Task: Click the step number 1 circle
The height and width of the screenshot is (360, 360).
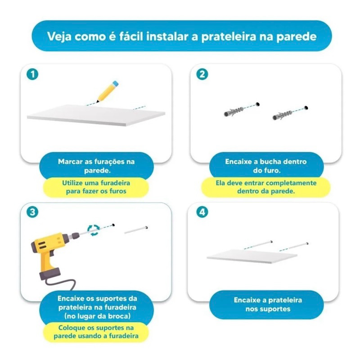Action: click(32, 74)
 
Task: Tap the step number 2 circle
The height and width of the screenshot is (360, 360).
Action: click(202, 74)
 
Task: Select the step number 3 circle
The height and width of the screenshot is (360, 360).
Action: click(32, 212)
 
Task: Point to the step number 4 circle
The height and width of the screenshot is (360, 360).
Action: click(202, 212)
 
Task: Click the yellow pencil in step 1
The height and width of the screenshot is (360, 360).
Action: click(108, 91)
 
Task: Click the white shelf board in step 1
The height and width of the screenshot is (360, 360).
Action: click(96, 115)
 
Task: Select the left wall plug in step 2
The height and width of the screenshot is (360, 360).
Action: click(234, 112)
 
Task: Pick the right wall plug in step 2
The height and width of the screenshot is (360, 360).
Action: click(282, 115)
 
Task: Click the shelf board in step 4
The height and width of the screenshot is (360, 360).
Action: click(252, 256)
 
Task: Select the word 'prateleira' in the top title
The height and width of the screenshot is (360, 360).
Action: click(229, 37)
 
